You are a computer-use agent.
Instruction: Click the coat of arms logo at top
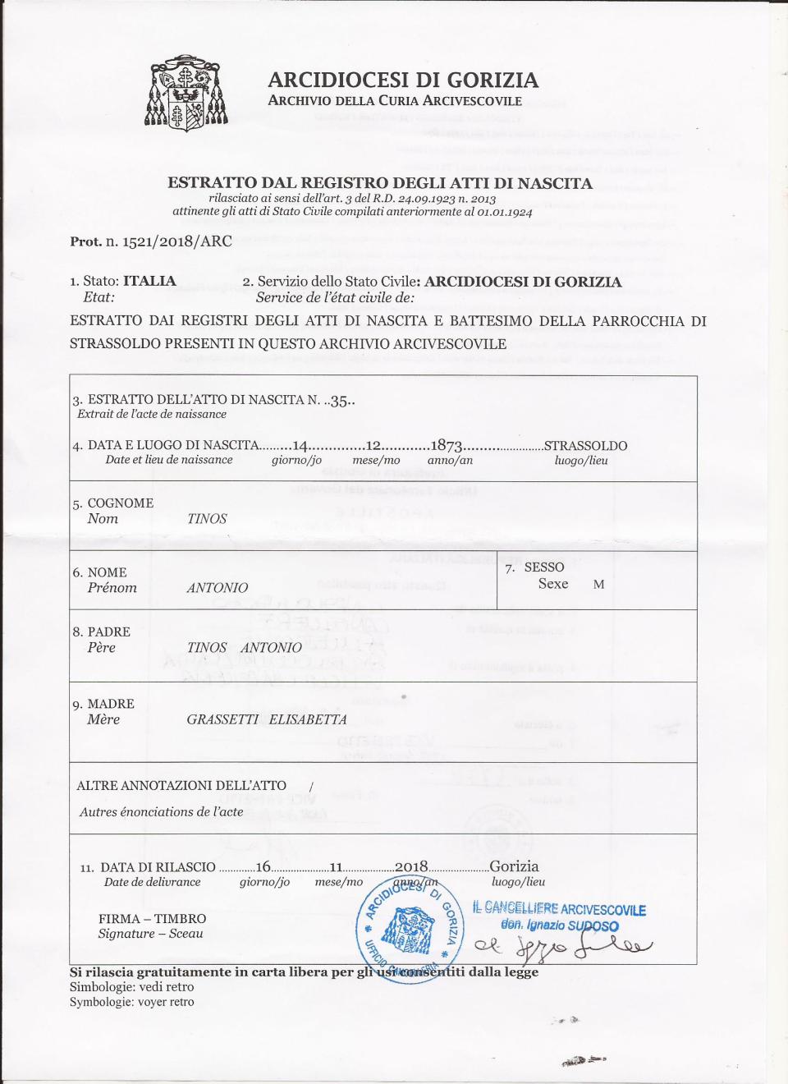(x=186, y=94)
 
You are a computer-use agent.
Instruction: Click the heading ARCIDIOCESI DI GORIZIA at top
(x=402, y=80)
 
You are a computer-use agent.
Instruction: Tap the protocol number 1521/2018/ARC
(x=176, y=241)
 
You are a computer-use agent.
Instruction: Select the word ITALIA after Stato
(x=149, y=281)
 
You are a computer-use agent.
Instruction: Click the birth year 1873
(x=447, y=446)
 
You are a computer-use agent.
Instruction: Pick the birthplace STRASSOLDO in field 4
(x=585, y=446)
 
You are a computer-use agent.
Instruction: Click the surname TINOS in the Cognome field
(x=207, y=519)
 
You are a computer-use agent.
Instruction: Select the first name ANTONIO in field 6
(x=217, y=588)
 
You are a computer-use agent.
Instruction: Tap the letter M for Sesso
(x=598, y=585)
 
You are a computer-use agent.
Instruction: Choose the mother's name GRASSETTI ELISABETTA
(x=267, y=719)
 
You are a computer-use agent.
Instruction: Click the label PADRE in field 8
(x=108, y=632)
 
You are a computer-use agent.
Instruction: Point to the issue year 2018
(x=411, y=866)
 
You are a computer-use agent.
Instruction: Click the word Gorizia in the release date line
(x=514, y=866)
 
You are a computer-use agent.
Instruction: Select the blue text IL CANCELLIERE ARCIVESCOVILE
(x=559, y=909)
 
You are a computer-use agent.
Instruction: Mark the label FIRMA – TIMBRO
(x=152, y=919)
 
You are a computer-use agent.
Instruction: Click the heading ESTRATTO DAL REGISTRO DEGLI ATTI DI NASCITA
(x=380, y=183)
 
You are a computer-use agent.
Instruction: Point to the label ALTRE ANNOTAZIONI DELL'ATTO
(x=181, y=786)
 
